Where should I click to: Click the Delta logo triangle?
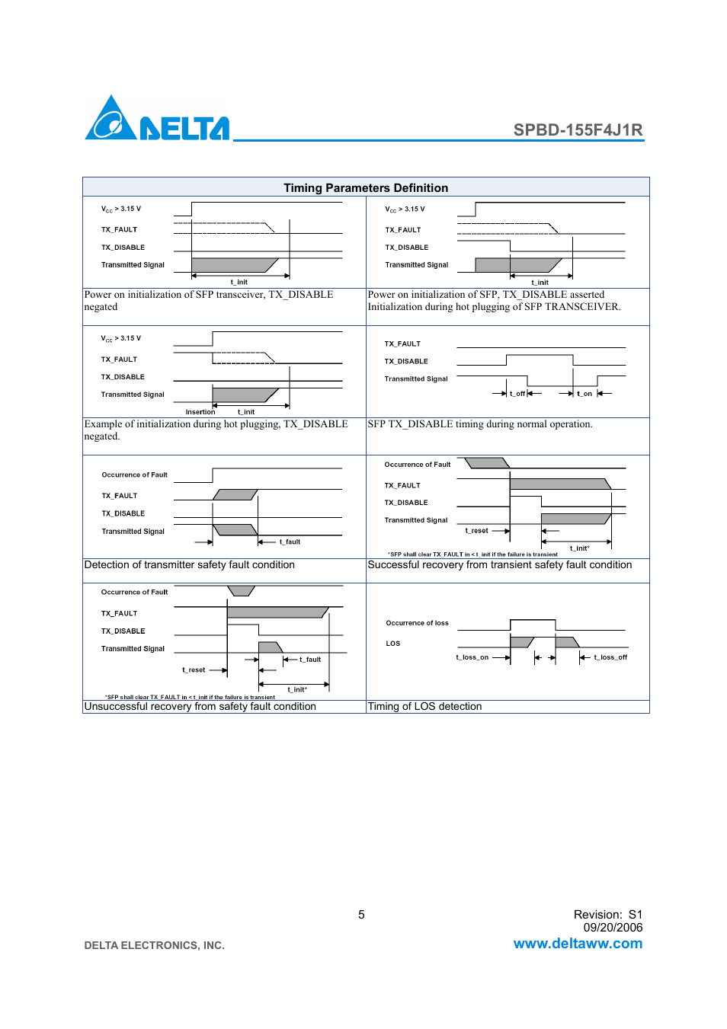click(x=111, y=120)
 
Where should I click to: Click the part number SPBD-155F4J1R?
click(x=578, y=129)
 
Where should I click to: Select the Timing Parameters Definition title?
click(x=366, y=187)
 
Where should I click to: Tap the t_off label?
click(x=517, y=394)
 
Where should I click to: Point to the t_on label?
click(x=584, y=394)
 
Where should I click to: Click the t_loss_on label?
click(x=472, y=657)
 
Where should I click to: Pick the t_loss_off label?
click(x=610, y=657)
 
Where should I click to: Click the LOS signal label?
click(x=393, y=644)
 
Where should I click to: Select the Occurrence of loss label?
click(x=417, y=623)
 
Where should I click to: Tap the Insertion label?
click(x=200, y=412)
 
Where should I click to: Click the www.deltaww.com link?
click(x=578, y=944)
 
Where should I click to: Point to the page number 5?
click(x=361, y=915)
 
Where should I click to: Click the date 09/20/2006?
click(x=613, y=928)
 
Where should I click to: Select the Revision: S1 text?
click(x=608, y=915)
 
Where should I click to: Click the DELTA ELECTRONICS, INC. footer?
click(x=154, y=945)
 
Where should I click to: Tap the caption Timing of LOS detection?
click(x=424, y=707)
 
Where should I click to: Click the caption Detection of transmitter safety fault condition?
click(x=189, y=565)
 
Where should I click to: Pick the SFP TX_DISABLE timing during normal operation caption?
click(x=479, y=424)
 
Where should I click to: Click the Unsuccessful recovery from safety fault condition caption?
click(x=200, y=707)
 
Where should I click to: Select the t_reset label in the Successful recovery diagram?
click(x=477, y=531)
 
